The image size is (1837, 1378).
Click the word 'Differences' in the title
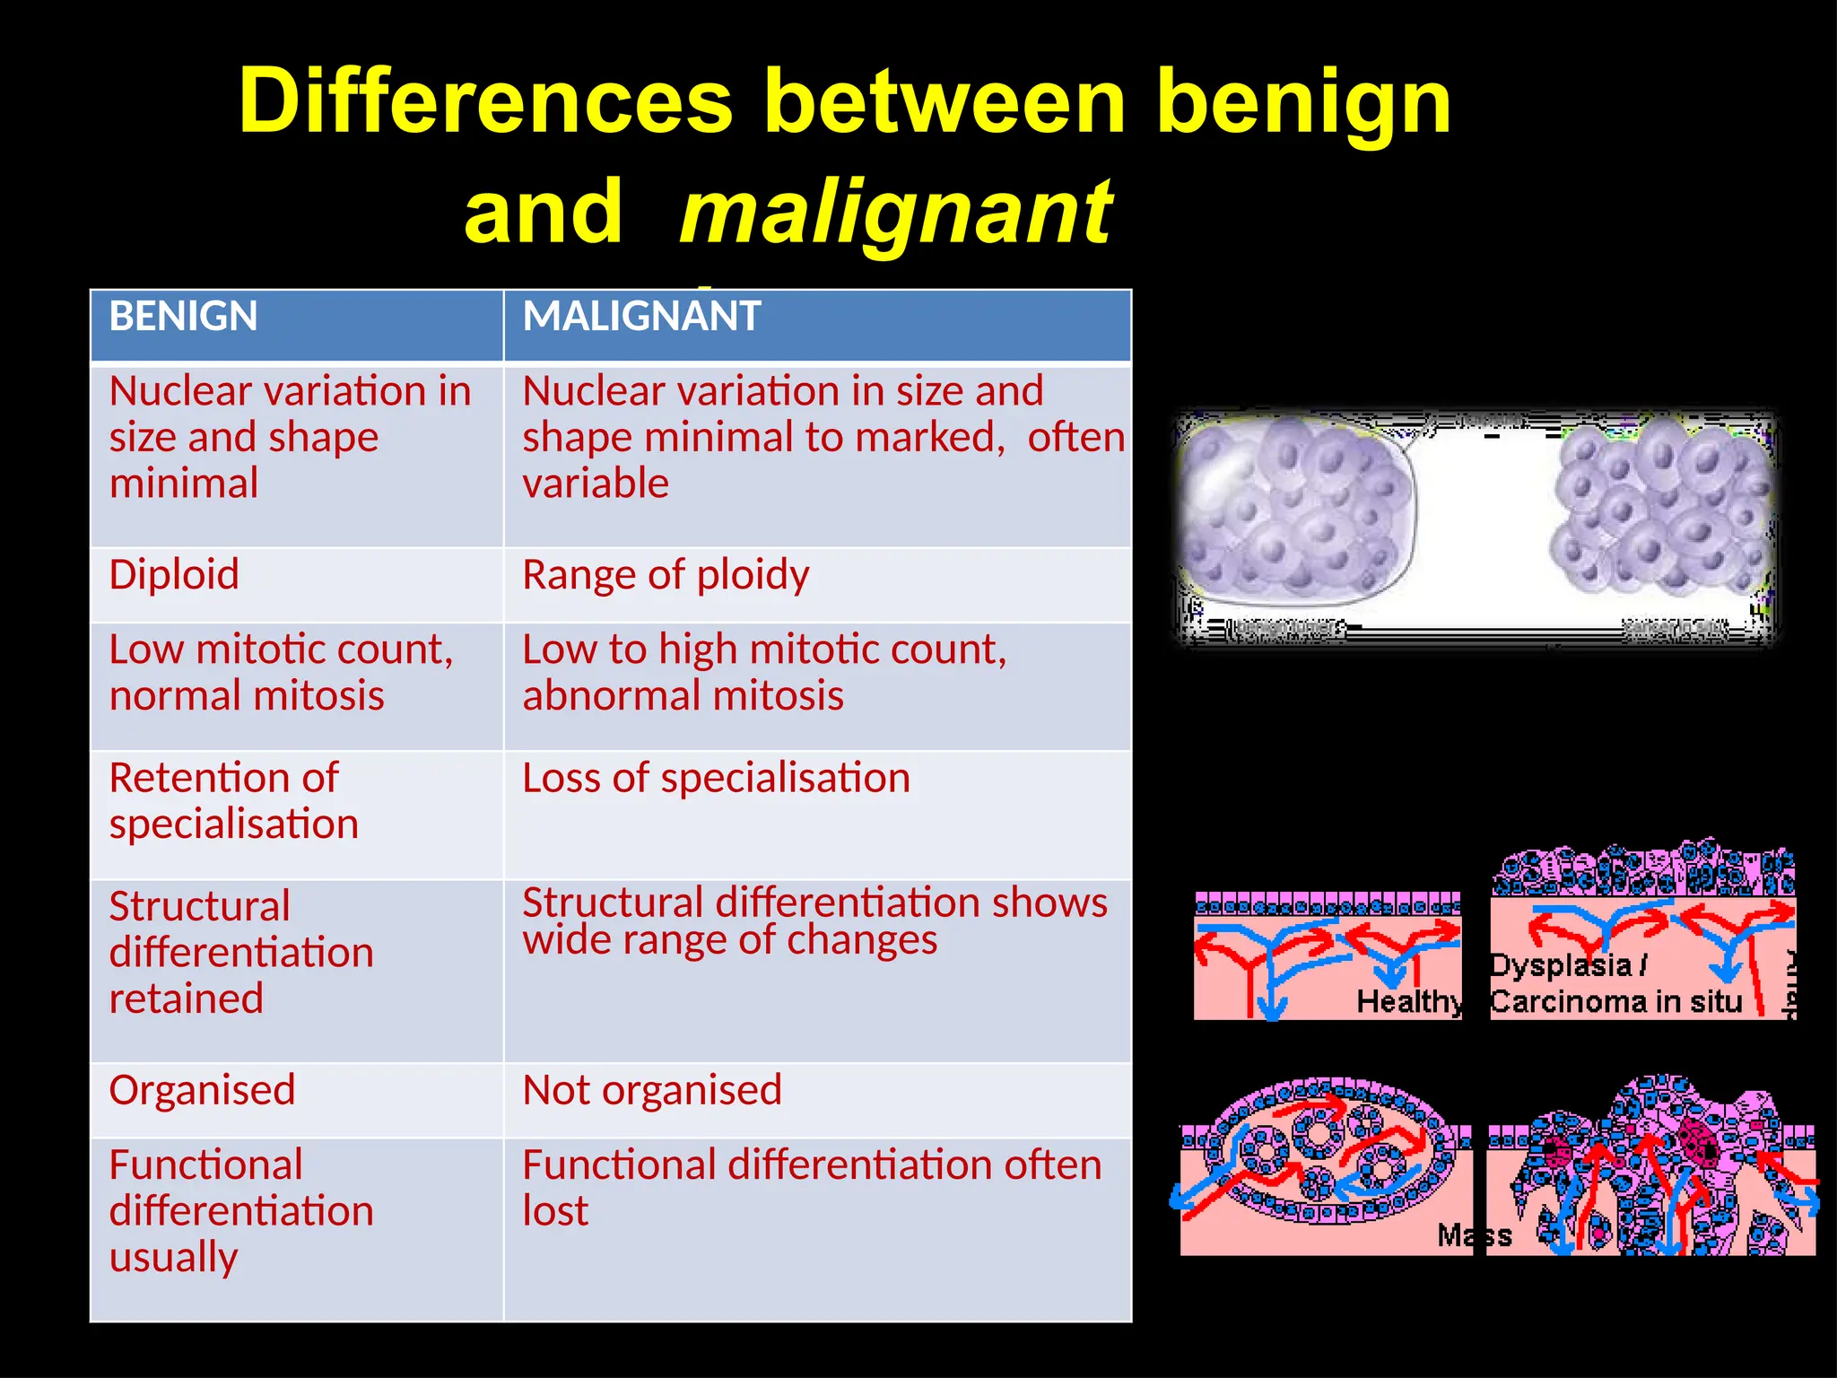[x=485, y=101]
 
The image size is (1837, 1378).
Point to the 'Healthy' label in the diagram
[x=1408, y=1001]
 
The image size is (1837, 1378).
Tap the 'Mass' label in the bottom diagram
[x=1474, y=1235]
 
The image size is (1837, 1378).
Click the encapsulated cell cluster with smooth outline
[x=1295, y=508]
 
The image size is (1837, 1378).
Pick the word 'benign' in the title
[x=1302, y=101]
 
